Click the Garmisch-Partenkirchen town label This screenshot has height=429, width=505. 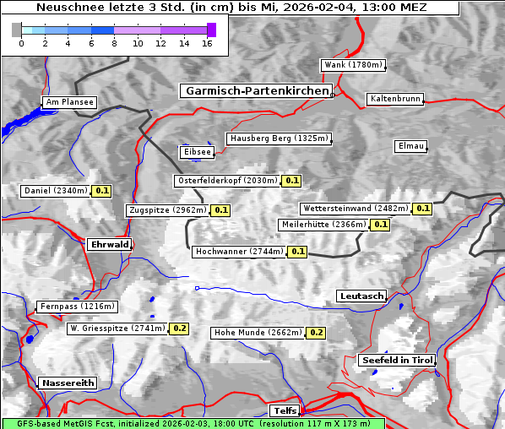point(255,90)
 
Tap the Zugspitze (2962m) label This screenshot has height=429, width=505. point(167,210)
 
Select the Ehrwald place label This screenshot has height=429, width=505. point(109,244)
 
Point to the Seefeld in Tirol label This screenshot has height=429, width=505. point(397,360)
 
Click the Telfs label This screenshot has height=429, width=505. point(284,410)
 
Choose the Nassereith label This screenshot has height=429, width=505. point(68,383)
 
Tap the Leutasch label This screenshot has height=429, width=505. point(361,296)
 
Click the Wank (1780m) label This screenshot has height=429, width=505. point(353,65)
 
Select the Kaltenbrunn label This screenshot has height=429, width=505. point(394,99)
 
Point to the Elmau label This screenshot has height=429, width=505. point(410,146)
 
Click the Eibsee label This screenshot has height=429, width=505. point(196,152)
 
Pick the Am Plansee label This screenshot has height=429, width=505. point(68,102)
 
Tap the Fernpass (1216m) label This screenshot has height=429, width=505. point(77,307)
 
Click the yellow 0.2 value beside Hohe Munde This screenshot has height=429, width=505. point(316,333)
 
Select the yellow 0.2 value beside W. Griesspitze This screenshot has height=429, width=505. point(179,328)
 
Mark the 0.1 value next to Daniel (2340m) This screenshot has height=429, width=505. point(102,191)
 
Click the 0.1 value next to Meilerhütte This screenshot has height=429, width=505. point(380,225)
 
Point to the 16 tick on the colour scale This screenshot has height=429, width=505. point(206,43)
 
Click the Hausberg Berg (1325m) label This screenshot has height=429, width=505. point(278,138)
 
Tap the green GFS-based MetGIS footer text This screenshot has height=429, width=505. point(193,423)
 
